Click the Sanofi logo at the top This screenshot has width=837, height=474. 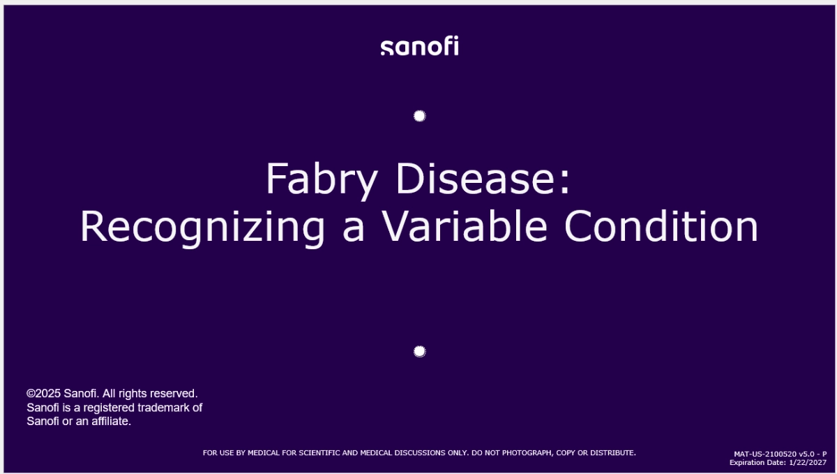(419, 47)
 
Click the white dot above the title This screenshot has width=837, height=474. (419, 116)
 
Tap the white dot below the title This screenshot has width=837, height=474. (419, 351)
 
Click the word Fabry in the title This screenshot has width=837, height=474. (321, 179)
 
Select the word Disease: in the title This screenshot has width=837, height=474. (483, 179)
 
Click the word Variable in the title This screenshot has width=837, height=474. (467, 227)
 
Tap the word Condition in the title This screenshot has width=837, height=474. (661, 227)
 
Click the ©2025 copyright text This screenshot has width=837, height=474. (44, 394)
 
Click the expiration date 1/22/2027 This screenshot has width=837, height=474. (808, 462)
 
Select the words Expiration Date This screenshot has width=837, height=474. (757, 462)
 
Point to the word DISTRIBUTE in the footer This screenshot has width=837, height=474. (611, 453)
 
